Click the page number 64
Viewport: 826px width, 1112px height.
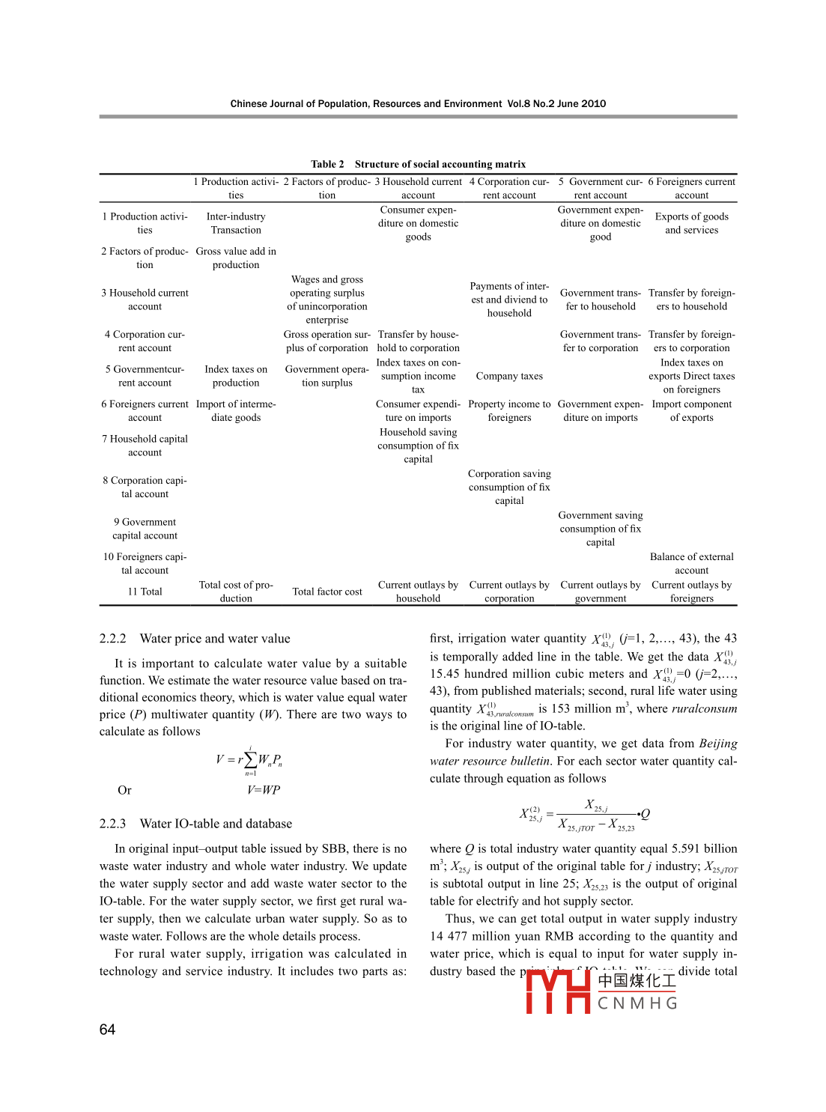pos(108,1030)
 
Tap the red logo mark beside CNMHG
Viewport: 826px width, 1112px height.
pos(558,991)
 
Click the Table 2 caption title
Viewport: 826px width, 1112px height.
pos(418,164)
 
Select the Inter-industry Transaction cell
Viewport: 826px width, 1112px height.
pos(236,223)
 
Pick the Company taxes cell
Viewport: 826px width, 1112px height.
pos(509,376)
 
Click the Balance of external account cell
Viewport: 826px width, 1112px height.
pos(691,563)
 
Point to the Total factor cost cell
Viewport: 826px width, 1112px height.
pos(327,592)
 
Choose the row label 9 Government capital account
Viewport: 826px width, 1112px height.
pos(145,529)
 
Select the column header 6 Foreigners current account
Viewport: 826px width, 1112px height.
pos(691,188)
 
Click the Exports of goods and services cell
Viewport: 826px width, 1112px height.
pos(691,223)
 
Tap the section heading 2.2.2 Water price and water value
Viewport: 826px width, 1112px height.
pos(195,639)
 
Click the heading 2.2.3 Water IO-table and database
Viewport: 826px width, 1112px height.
pos(195,824)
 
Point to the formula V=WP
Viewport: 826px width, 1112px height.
pos(264,790)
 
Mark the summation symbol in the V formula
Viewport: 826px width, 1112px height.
pos(250,760)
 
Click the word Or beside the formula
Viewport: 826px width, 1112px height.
pos(124,790)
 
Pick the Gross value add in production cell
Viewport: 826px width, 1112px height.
pos(236,258)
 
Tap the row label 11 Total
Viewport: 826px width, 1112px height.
pos(145,592)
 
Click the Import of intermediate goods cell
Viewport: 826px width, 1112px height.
pos(236,411)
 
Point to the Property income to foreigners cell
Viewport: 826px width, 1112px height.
pos(509,411)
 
